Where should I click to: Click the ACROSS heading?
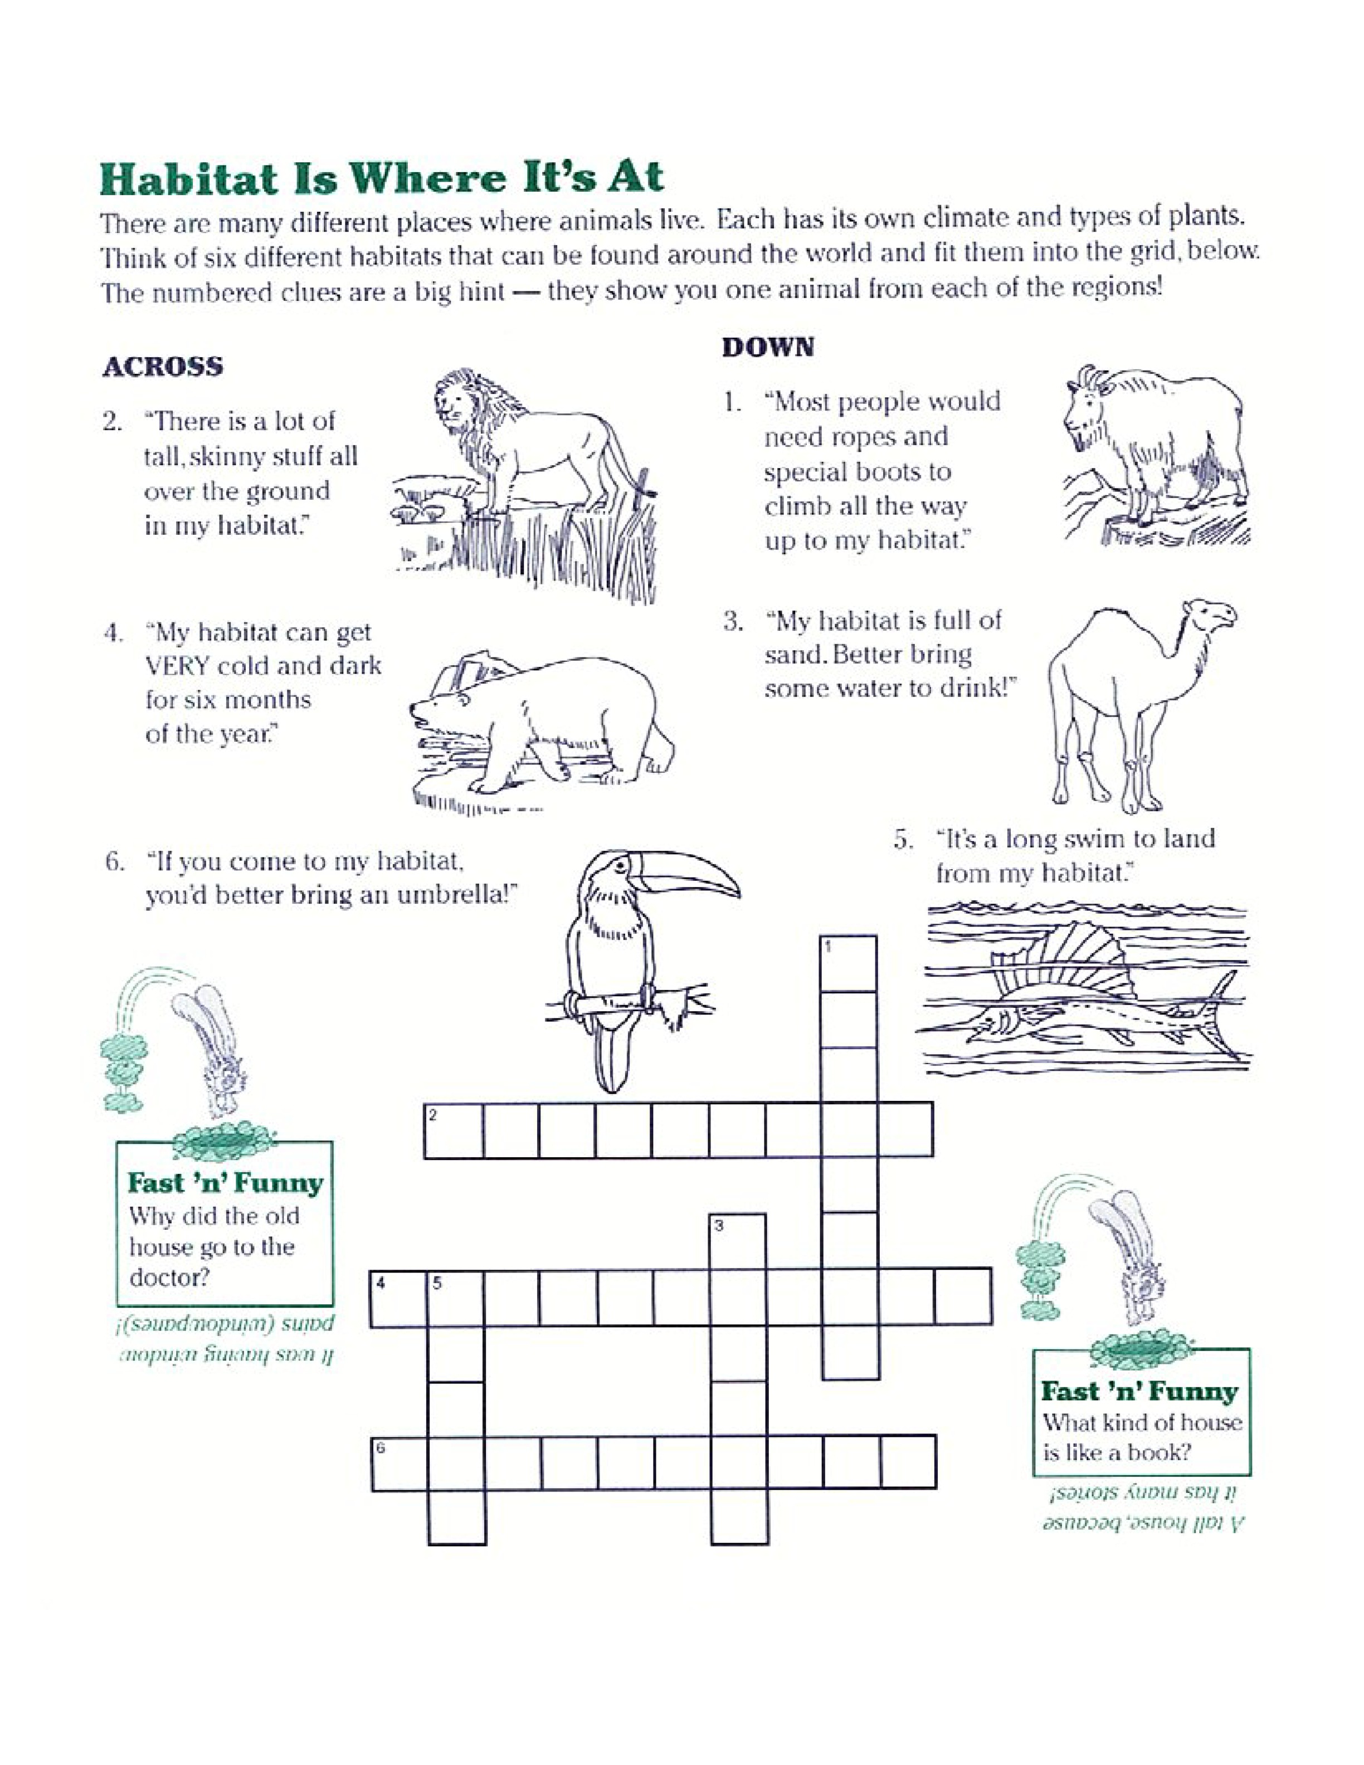coord(162,368)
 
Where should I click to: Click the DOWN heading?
coord(768,348)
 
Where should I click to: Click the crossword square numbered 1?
coord(849,963)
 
